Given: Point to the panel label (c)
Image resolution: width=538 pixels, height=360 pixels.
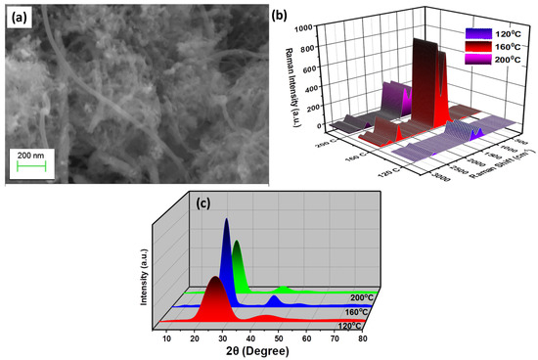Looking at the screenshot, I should coord(202,204).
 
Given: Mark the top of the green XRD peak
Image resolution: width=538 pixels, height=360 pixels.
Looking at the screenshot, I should coord(236,241).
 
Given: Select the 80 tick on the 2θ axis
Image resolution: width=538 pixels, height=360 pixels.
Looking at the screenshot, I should coord(362,337).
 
